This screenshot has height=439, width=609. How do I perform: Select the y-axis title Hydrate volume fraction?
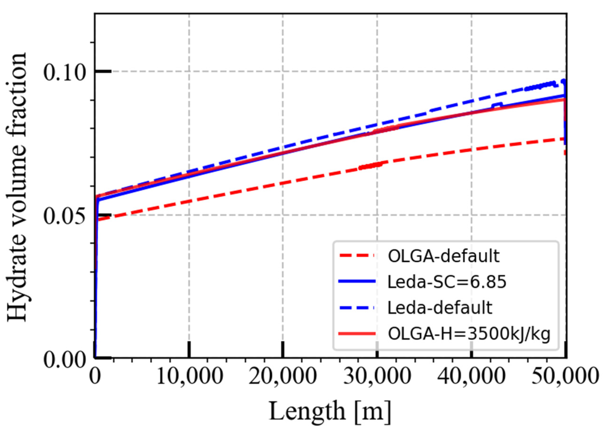(17, 186)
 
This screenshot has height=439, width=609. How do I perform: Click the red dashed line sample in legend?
(357, 256)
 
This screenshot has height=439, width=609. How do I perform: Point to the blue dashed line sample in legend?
(357, 308)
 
